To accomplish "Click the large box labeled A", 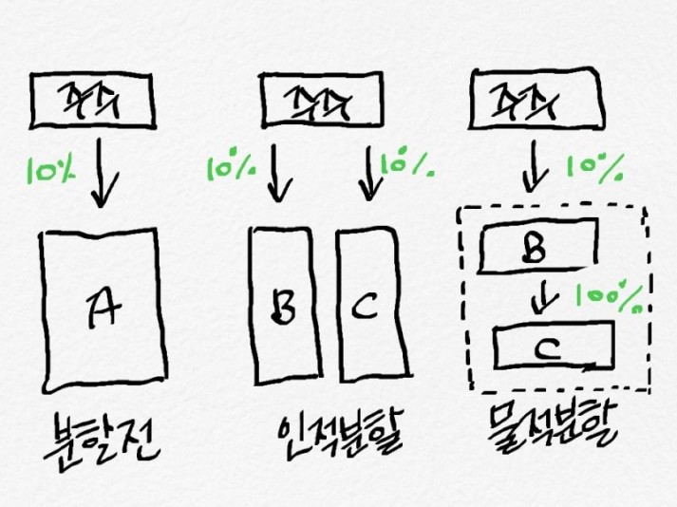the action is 99,309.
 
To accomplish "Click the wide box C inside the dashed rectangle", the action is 554,347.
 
